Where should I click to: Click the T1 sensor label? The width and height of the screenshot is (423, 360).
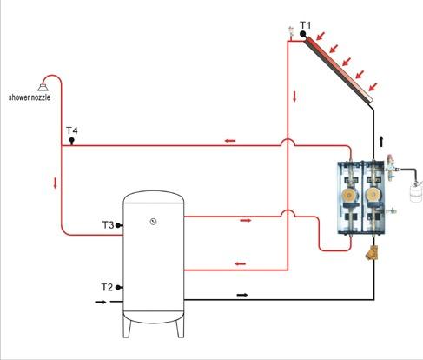click(x=305, y=25)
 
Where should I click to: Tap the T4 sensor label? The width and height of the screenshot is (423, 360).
click(x=72, y=130)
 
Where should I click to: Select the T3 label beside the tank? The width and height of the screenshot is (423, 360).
click(x=108, y=224)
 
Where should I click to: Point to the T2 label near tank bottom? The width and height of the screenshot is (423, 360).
click(x=107, y=287)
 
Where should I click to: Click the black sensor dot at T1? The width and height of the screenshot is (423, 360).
click(x=303, y=34)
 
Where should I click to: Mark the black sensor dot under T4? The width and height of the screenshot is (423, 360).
click(x=71, y=141)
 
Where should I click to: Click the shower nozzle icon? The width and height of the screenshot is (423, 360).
click(x=43, y=87)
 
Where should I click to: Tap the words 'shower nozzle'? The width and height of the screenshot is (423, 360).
click(x=30, y=97)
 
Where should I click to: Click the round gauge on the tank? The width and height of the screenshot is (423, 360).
click(x=153, y=222)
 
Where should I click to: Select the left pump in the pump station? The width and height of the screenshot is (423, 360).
click(x=350, y=196)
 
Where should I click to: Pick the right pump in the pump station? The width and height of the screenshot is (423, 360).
click(x=373, y=196)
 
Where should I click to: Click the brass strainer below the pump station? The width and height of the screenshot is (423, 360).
click(x=372, y=253)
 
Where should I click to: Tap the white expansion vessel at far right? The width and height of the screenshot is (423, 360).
click(x=416, y=191)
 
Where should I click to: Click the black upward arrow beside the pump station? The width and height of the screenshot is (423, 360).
click(x=381, y=141)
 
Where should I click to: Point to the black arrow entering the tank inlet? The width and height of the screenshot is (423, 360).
click(x=101, y=302)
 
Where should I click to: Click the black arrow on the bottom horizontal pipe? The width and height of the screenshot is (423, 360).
click(x=242, y=295)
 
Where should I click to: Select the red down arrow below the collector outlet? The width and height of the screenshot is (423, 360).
click(x=294, y=97)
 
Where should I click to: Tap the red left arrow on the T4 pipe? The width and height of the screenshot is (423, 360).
click(x=230, y=141)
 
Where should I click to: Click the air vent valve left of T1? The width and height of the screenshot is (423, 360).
click(x=291, y=32)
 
